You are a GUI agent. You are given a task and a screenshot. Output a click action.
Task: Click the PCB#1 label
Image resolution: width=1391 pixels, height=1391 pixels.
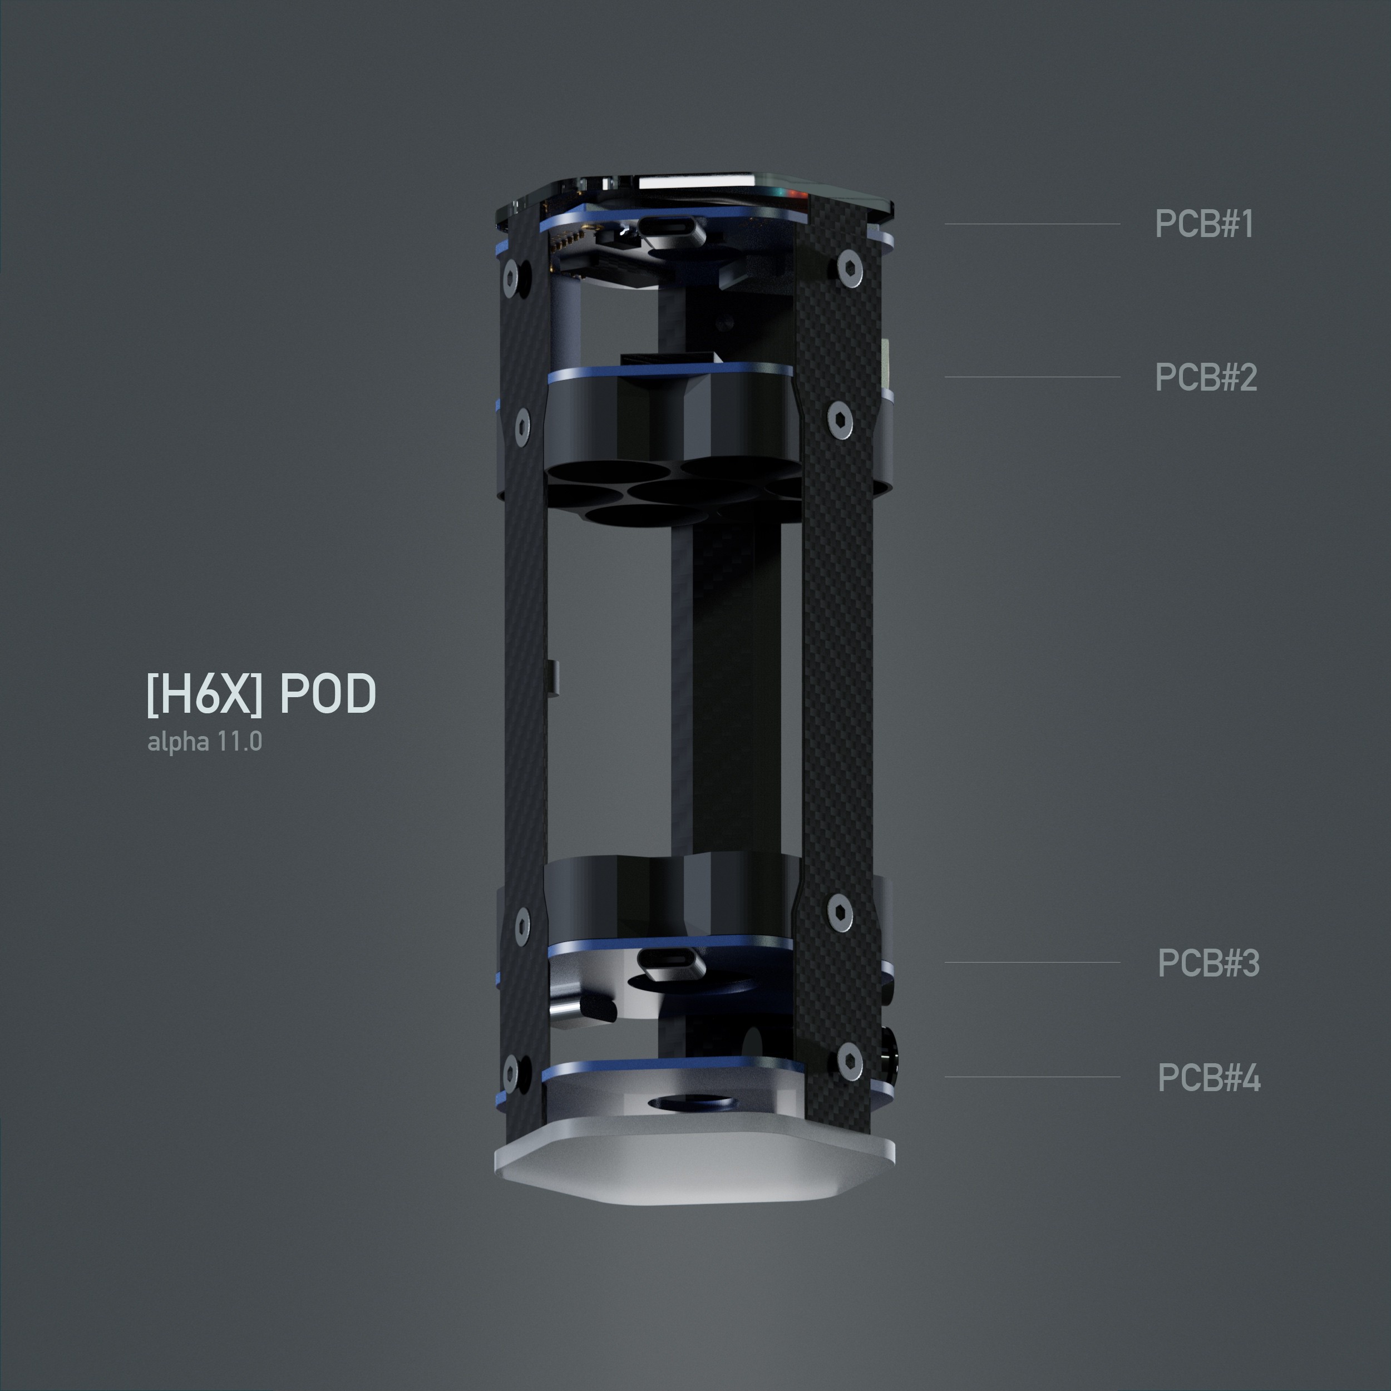coord(1204,224)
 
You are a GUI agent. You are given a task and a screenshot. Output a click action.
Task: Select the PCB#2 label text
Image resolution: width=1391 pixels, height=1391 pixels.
coord(1206,377)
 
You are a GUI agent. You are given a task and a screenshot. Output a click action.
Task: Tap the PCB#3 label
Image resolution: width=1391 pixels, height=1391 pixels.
coord(1208,963)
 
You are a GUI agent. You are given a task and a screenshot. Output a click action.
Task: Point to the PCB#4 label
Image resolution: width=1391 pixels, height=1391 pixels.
coord(1209,1078)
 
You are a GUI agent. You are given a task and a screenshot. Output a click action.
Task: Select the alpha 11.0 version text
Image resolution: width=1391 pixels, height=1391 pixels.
coord(204,742)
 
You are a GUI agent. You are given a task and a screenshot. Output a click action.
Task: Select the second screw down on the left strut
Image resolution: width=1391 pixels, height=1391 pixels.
coord(522,423)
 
